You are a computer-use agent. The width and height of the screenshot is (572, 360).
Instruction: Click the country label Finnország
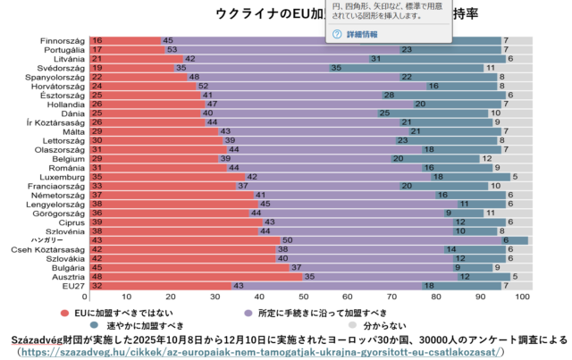pyautogui.click(x=61, y=40)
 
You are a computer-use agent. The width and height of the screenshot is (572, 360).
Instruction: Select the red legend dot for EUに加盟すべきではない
pyautogui.click(x=64, y=313)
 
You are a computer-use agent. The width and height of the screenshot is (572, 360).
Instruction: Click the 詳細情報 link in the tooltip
pyautogui.click(x=362, y=34)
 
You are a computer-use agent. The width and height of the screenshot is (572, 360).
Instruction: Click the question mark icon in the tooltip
pyautogui.click(x=337, y=34)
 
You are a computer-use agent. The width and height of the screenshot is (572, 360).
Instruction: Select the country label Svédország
pyautogui.click(x=61, y=67)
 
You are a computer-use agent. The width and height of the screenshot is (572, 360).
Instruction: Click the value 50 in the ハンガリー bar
pyautogui.click(x=287, y=239)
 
